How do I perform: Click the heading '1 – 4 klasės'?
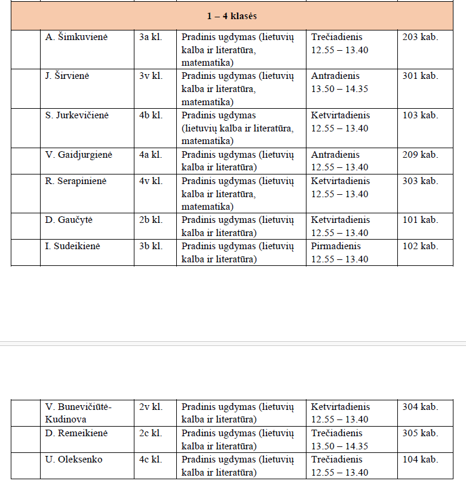(233, 16)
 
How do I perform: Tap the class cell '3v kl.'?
(151, 76)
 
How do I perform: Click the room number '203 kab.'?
(420, 37)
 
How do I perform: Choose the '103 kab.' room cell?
(420, 115)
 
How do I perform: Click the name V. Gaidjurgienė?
(79, 155)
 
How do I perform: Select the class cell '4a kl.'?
(151, 155)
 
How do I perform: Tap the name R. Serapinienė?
(76, 181)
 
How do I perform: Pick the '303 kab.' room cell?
(420, 181)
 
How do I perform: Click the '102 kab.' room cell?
(420, 246)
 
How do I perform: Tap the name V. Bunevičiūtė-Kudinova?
(79, 413)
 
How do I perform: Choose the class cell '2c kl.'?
(151, 433)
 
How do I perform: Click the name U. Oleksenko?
(74, 460)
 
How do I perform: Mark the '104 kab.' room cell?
(420, 460)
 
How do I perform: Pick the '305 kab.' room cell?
(420, 433)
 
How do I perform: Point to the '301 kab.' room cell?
(420, 76)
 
